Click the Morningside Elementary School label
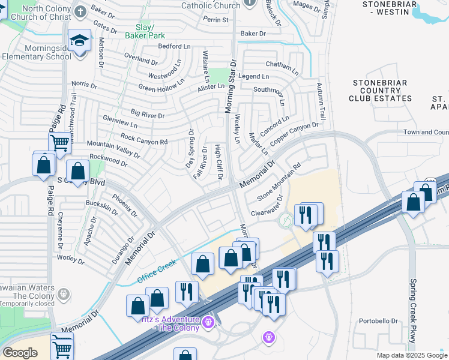[35, 53]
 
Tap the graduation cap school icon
[79, 40]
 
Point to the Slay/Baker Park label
[140, 32]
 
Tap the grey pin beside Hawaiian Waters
[64, 293]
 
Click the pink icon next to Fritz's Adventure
[208, 322]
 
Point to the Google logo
[20, 352]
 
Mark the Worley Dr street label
[70, 259]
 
